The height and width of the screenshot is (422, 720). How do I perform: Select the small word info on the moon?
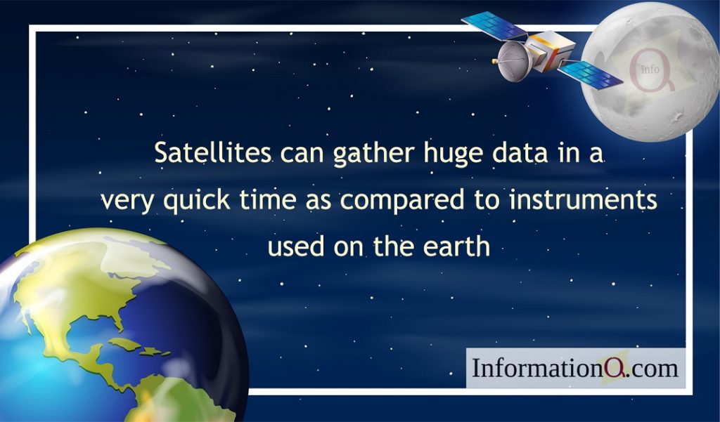(650, 70)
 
